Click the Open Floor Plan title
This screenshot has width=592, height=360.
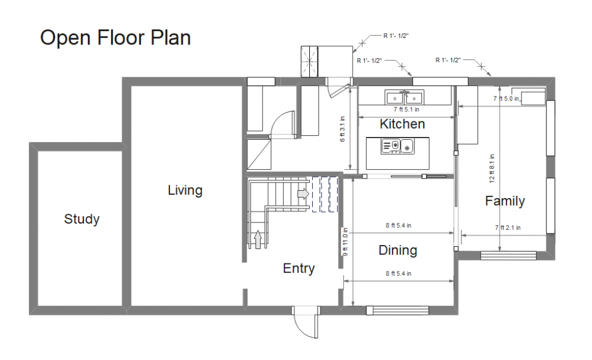(x=115, y=38)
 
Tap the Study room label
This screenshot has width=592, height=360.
(x=82, y=219)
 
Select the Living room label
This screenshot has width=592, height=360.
(x=185, y=190)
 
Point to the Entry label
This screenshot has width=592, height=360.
(x=299, y=268)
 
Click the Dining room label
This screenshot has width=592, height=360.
(x=398, y=250)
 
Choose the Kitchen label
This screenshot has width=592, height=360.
(x=402, y=124)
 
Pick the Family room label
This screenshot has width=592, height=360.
(x=505, y=201)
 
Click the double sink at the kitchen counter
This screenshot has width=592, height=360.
(x=404, y=97)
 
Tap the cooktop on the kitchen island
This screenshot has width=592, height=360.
(x=397, y=146)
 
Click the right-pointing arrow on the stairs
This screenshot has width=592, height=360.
(x=303, y=194)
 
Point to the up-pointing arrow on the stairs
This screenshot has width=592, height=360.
(x=258, y=240)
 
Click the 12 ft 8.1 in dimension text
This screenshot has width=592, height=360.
(x=491, y=168)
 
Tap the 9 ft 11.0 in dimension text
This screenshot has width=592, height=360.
(x=345, y=242)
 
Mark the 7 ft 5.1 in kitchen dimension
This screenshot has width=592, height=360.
(x=406, y=109)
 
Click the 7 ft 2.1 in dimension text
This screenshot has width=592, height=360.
(x=508, y=228)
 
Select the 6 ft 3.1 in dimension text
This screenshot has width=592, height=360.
(x=342, y=129)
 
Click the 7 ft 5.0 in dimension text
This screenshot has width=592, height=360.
(x=506, y=98)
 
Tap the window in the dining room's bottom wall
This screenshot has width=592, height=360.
(x=398, y=310)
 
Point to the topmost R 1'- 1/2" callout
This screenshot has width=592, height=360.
(x=395, y=36)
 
